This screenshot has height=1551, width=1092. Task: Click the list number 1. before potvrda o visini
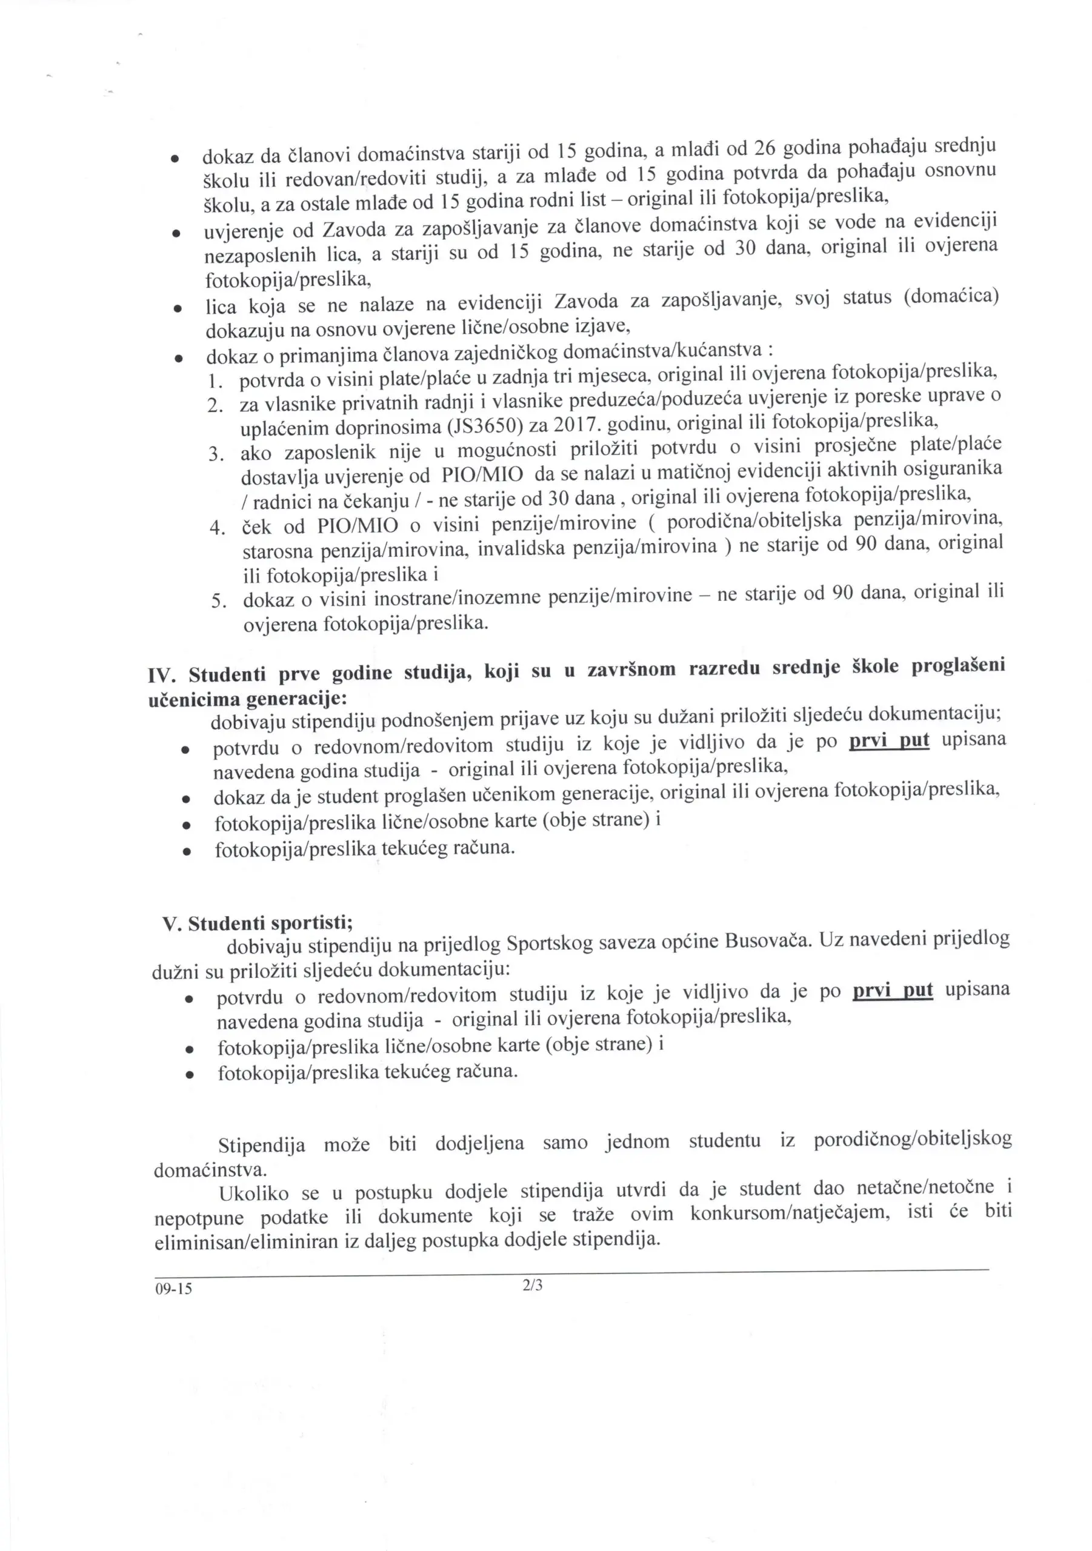(216, 382)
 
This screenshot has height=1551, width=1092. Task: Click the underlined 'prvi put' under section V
(893, 991)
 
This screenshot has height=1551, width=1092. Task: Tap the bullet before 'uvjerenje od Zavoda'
(175, 234)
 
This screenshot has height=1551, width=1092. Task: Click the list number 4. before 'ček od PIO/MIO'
(217, 528)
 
